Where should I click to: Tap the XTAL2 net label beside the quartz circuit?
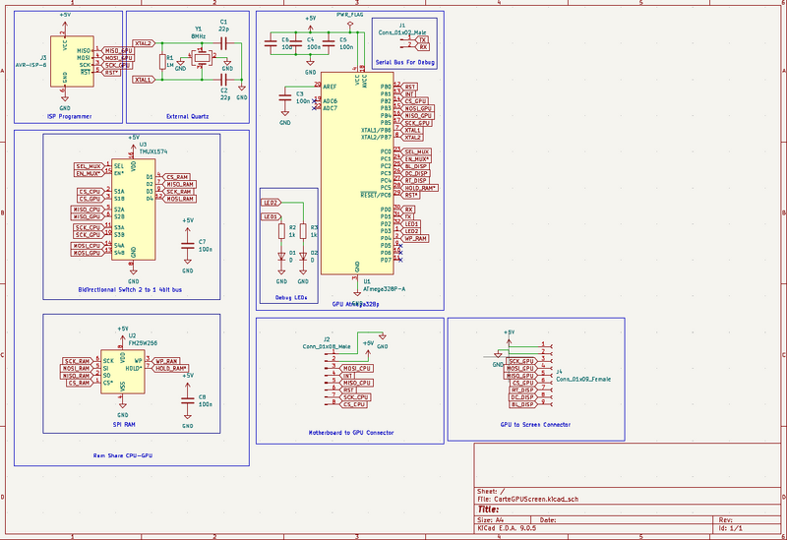pyautogui.click(x=143, y=43)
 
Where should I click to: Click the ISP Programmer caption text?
pyautogui.click(x=69, y=116)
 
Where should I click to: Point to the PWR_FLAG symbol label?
pyautogui.click(x=349, y=17)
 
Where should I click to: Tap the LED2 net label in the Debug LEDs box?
pyautogui.click(x=270, y=202)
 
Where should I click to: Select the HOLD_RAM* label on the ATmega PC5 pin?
pyautogui.click(x=421, y=188)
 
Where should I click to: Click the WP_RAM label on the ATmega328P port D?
pyautogui.click(x=415, y=238)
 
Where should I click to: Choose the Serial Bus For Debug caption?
pyautogui.click(x=404, y=62)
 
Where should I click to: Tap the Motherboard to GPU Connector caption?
pyautogui.click(x=351, y=432)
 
